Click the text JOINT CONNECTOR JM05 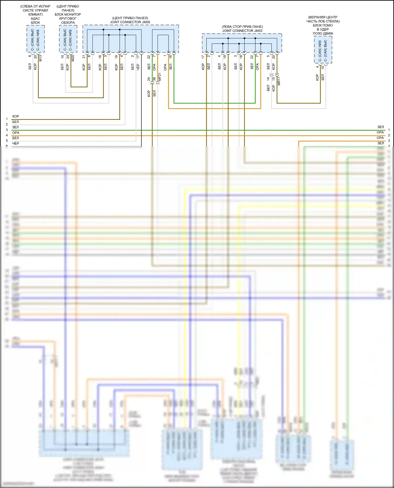point(130,22)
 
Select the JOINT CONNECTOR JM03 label point(242,31)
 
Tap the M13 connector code point(40,58)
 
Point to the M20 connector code point(73,58)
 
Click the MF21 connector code point(159,77)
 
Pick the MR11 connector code point(279,81)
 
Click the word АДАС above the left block point(35,18)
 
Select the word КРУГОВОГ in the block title point(68,18)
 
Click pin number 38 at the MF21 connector point(154,79)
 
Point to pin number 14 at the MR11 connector point(268,78)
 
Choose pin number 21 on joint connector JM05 point(84,56)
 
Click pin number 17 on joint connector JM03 point(203,56)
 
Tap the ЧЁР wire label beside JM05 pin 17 point(138,67)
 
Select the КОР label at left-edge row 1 point(15,116)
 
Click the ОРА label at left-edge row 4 point(16,133)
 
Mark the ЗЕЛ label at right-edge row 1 point(380,127)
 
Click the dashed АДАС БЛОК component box point(35,39)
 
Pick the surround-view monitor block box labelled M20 point(68,39)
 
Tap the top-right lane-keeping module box point(323,50)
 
